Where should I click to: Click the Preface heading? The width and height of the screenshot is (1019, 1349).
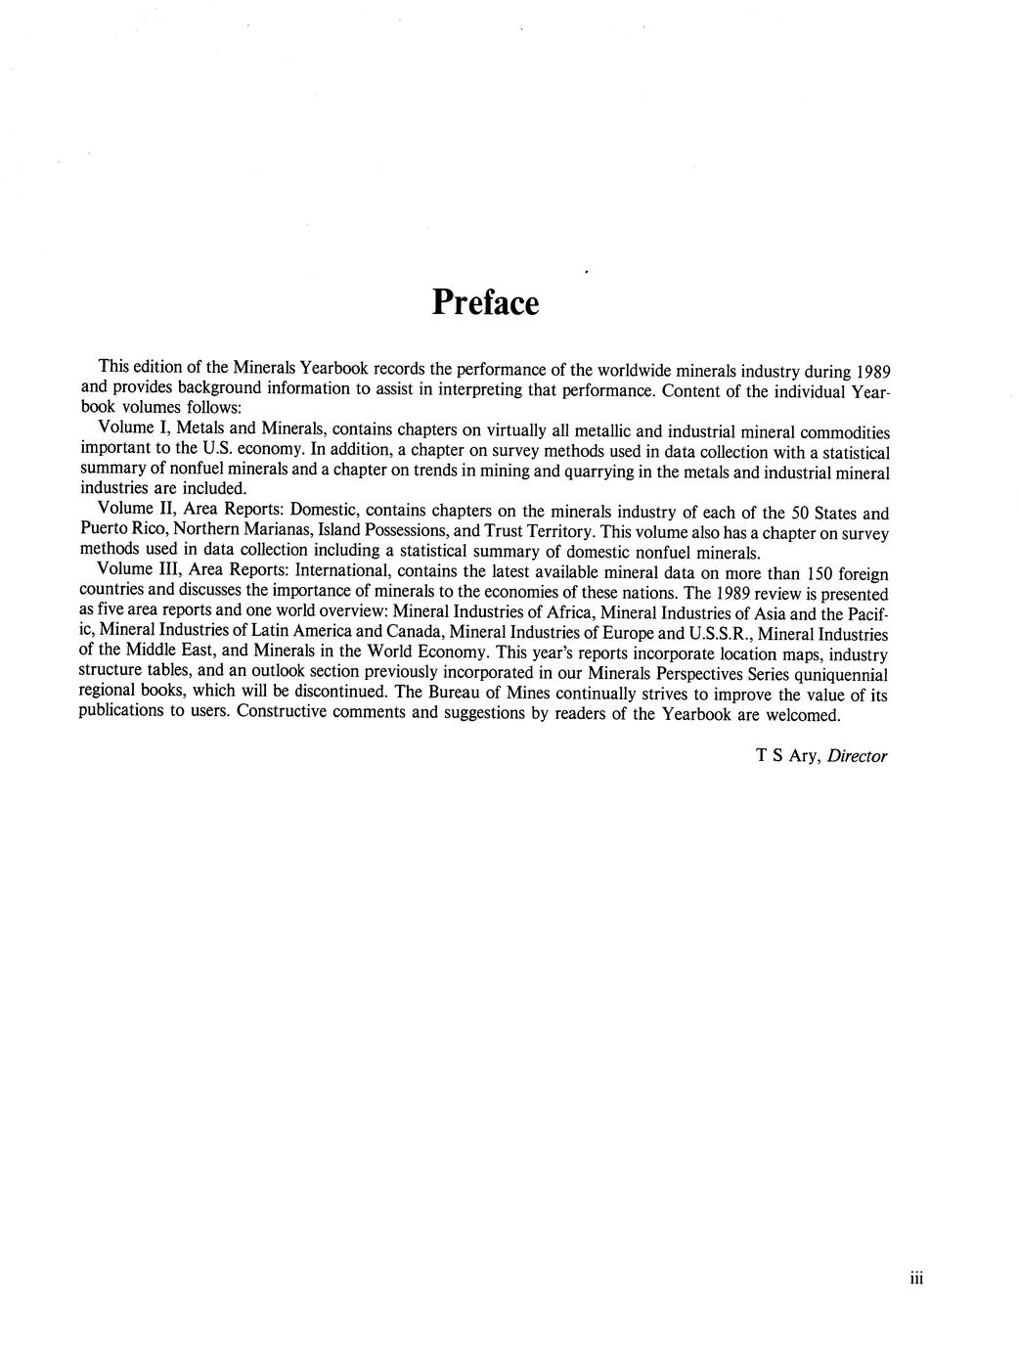tap(485, 302)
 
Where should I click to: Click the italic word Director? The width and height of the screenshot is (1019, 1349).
tap(857, 755)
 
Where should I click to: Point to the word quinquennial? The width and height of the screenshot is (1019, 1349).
tap(841, 674)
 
